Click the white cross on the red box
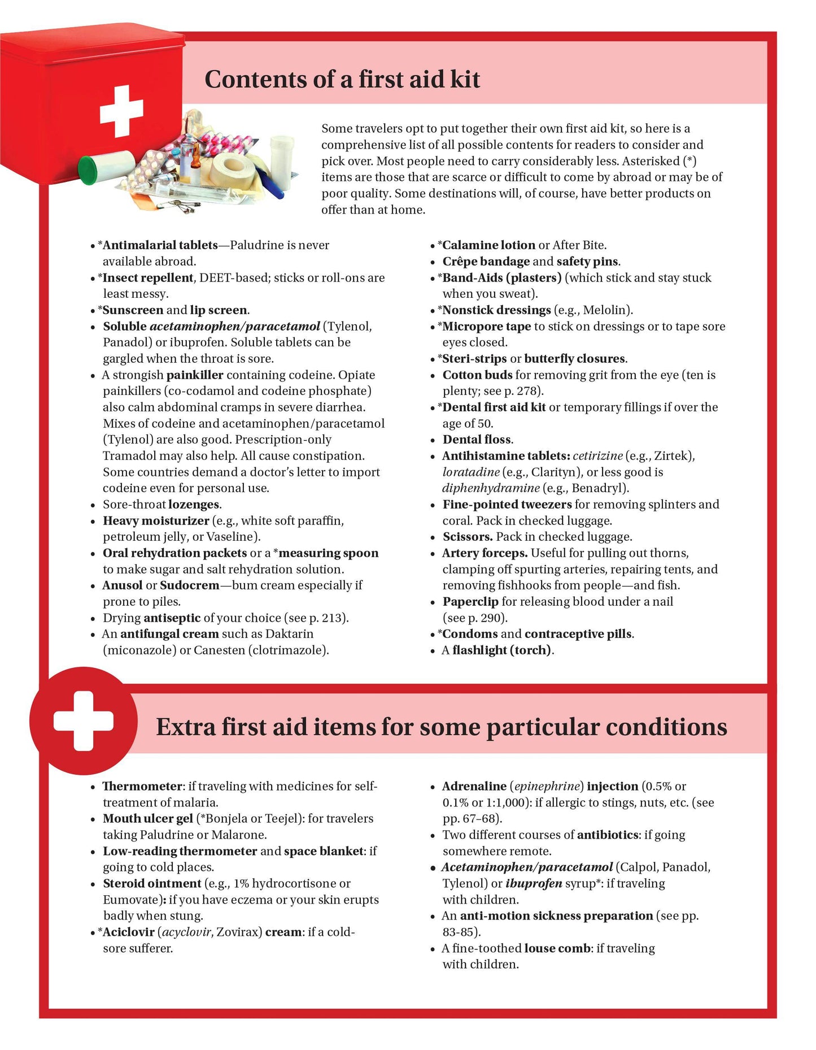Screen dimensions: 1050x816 click(121, 111)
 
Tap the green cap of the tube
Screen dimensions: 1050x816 click(88, 170)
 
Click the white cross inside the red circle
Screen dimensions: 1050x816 click(84, 721)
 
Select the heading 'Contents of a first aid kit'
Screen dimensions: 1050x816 click(342, 79)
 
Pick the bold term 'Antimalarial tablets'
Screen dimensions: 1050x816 click(160, 245)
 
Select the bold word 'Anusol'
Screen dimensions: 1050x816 click(122, 585)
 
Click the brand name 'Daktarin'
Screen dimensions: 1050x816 click(289, 634)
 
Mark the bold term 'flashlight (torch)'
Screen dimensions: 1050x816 click(501, 650)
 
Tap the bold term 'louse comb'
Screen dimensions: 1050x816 click(557, 949)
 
